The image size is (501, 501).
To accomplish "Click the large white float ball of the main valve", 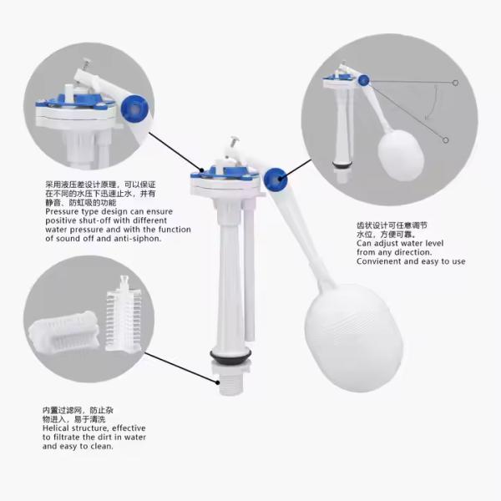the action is tap(353, 336).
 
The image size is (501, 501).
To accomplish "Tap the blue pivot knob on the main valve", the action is tap(276, 180).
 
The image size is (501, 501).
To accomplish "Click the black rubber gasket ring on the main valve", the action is tap(230, 357).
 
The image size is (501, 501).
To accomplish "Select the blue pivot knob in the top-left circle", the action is tap(134, 109).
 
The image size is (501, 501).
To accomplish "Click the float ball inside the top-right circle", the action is tap(401, 154).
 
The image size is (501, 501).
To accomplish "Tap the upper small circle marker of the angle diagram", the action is tap(455, 83).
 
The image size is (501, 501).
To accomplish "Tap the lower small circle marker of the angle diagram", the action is tap(445, 140).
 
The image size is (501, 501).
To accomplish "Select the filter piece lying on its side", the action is tap(64, 331).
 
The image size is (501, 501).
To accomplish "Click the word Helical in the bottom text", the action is tap(56, 428).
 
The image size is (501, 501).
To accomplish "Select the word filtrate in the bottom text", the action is tap(67, 437).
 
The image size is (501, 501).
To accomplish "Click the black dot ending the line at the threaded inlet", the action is tap(218, 382).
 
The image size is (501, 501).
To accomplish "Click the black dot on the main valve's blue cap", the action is tap(202, 170).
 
